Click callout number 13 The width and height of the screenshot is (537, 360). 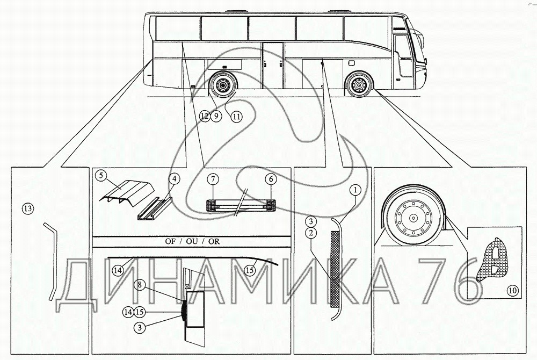click(x=28, y=208)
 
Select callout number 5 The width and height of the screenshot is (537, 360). click(x=101, y=176)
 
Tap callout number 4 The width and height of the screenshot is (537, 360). click(x=175, y=178)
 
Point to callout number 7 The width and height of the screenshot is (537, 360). click(x=213, y=179)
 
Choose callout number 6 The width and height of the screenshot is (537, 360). click(x=271, y=179)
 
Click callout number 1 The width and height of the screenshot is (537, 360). click(x=356, y=190)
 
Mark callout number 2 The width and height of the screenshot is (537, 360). click(x=311, y=233)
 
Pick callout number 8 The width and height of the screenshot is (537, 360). click(x=140, y=284)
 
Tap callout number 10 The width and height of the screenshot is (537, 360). click(x=513, y=291)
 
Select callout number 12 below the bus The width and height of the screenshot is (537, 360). click(x=205, y=117)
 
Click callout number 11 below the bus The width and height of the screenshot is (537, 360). click(x=236, y=117)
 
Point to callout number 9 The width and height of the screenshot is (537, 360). click(x=216, y=117)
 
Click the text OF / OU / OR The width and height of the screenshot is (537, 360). click(x=192, y=241)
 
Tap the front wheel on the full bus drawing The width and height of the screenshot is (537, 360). click(x=359, y=84)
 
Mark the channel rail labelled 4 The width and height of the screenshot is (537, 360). click(x=155, y=210)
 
